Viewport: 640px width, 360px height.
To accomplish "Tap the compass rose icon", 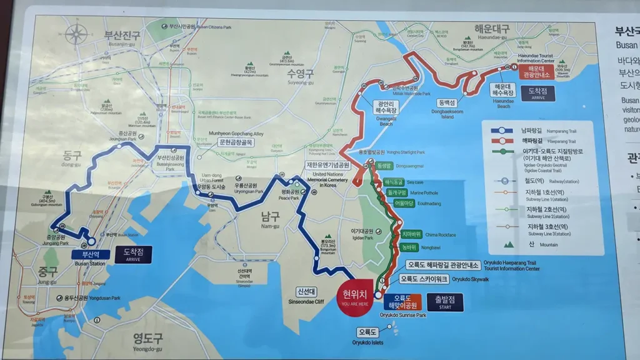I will pyautogui.click(x=76, y=36).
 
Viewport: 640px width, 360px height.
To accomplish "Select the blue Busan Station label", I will pyautogui.click(x=90, y=254).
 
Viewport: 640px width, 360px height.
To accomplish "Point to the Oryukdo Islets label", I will pyautogui.click(x=368, y=332).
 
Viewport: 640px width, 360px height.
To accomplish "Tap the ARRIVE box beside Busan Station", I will pyautogui.click(x=133, y=254).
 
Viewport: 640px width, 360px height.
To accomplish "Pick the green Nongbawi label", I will pyautogui.click(x=409, y=247).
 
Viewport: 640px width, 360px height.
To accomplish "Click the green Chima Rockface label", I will pyautogui.click(x=411, y=234).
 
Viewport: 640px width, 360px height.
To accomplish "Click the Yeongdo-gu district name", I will pyautogui.click(x=147, y=339).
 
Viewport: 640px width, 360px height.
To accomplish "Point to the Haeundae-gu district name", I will pyautogui.click(x=492, y=29).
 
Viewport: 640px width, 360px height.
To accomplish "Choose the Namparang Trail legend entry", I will pyautogui.click(x=543, y=131).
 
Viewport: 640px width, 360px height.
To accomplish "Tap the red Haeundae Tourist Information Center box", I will pyautogui.click(x=528, y=72).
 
